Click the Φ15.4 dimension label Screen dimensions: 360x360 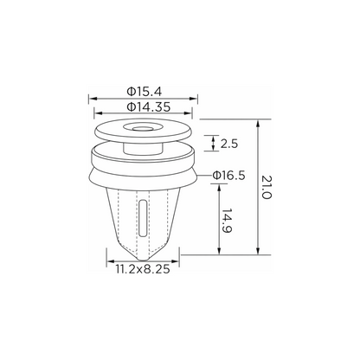[x=145, y=92]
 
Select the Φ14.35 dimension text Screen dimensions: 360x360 [x=149, y=107]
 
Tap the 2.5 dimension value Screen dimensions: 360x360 [x=229, y=144]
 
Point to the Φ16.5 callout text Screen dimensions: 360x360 [x=228, y=175]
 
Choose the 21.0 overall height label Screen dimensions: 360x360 [x=267, y=187]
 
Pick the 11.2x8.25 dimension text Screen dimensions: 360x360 [x=143, y=269]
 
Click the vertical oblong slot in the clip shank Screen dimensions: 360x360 [x=143, y=216]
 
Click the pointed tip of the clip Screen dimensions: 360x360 [x=142, y=259]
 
